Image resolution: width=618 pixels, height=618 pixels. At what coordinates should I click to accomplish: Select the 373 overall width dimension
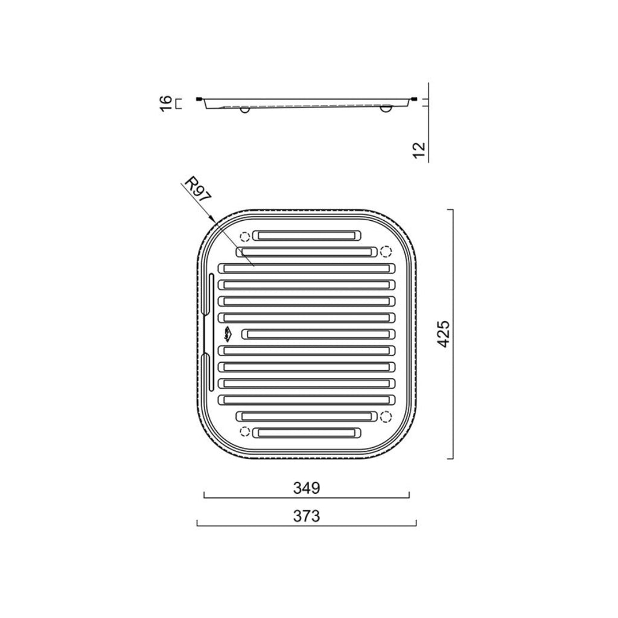click(x=306, y=516)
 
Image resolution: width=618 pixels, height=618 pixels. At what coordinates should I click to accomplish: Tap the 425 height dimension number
click(x=444, y=334)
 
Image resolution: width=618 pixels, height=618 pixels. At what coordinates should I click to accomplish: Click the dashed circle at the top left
click(x=244, y=237)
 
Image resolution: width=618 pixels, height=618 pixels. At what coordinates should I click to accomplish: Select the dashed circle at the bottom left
click(x=244, y=430)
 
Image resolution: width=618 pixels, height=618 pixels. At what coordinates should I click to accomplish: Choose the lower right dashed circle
click(x=386, y=415)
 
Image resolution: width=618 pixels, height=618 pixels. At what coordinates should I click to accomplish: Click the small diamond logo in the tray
click(x=227, y=333)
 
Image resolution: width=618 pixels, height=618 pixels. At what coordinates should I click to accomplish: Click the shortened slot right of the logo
click(x=318, y=334)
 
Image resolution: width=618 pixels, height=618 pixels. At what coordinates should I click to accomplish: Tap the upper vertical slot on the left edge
click(x=211, y=302)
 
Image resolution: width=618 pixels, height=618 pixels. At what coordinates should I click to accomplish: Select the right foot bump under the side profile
click(x=386, y=110)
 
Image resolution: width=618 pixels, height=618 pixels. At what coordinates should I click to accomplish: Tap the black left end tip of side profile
click(x=199, y=99)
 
